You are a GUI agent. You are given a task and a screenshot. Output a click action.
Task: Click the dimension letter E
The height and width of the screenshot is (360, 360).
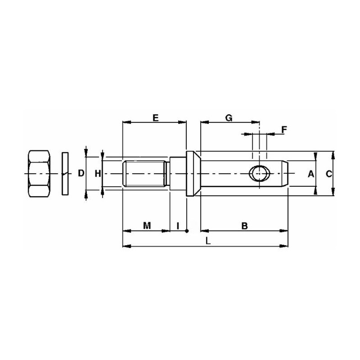coord(155,118)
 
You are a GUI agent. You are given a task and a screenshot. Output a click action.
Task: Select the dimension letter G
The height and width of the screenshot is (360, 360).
coord(229,118)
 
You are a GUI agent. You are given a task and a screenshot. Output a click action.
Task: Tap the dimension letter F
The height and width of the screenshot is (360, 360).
coord(284,130)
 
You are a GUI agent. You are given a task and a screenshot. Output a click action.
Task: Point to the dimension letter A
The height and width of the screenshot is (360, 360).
coord(311,174)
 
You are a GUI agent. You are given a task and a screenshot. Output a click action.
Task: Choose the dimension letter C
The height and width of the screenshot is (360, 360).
coord(329,174)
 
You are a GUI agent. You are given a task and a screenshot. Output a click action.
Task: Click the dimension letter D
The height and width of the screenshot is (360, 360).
coord(81,173)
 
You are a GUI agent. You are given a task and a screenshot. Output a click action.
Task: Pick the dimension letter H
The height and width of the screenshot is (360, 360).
coord(98,174)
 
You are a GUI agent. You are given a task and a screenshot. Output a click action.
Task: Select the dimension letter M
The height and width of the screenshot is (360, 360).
coord(147,226)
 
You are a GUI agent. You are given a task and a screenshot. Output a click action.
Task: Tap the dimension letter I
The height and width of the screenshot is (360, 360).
coord(178,226)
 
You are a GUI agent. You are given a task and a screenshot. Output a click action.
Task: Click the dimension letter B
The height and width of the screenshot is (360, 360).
coord(245,226)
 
